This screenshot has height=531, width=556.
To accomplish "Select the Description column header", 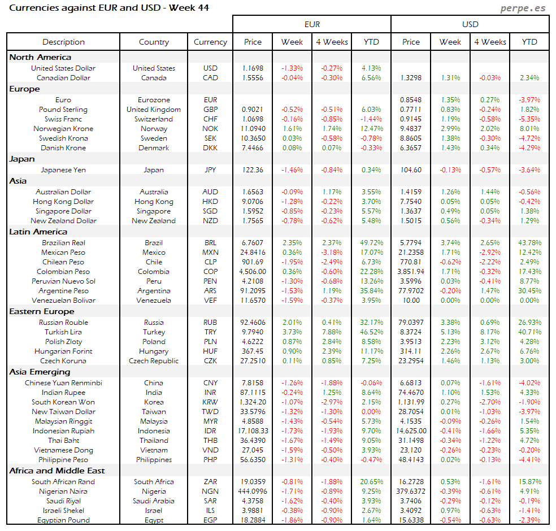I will click(x=63, y=42).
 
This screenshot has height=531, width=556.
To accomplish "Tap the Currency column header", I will click(x=210, y=42).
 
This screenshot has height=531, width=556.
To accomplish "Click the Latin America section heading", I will click(x=38, y=232).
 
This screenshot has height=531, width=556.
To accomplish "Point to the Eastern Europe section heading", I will click(x=41, y=311).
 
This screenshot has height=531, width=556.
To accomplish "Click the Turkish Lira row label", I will click(x=63, y=332).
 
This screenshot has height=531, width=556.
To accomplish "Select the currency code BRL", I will click(x=210, y=243).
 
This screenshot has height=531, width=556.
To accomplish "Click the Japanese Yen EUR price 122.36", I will click(x=253, y=170).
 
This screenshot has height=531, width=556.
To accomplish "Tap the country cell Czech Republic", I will click(x=154, y=361).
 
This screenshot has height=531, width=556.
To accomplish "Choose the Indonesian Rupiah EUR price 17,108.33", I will click(x=253, y=431).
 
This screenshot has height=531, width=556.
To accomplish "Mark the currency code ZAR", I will click(x=210, y=482).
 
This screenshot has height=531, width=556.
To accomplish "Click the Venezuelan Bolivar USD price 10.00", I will click(x=411, y=301).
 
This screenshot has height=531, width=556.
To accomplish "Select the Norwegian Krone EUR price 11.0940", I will click(x=253, y=129).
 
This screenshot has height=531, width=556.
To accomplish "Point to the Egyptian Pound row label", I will click(x=63, y=520).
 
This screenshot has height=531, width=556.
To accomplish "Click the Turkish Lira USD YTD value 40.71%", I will click(x=529, y=332).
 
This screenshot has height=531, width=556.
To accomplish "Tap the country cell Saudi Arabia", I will click(x=154, y=501).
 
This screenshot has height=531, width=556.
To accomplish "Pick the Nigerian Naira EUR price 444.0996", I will click(x=253, y=491).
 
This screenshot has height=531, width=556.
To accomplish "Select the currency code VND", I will click(x=210, y=450).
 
